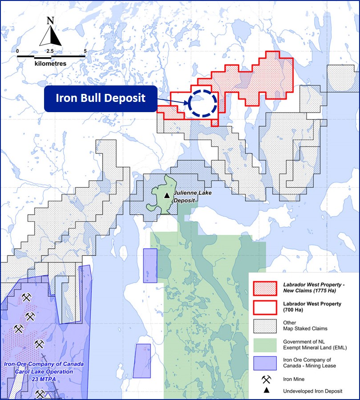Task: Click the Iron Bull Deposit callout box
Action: click(x=101, y=98)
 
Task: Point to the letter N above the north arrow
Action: click(x=50, y=21)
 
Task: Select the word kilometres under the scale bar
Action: click(x=50, y=64)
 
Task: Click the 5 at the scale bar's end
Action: click(x=85, y=51)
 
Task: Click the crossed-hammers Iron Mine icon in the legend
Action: click(x=267, y=379)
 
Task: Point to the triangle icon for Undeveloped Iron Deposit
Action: click(x=267, y=391)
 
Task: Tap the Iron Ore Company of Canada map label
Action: click(x=44, y=364)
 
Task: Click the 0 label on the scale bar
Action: click(x=17, y=51)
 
